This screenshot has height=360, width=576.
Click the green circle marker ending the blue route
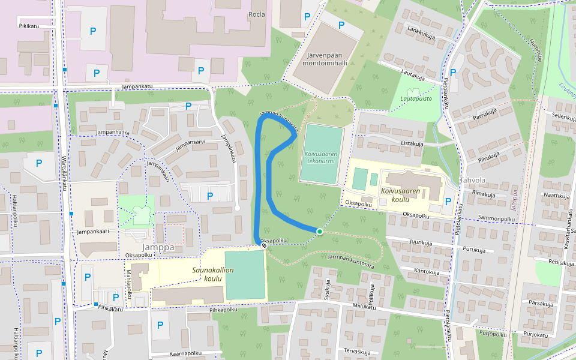(320, 232)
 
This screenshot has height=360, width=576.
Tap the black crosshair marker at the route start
(263, 245)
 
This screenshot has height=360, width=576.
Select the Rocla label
(257, 14)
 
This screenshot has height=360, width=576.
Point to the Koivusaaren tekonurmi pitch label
(321, 158)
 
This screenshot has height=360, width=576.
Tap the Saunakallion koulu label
(212, 274)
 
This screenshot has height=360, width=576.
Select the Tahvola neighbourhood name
(472, 180)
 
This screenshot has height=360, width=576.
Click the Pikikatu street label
(29, 26)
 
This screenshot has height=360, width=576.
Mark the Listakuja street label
(412, 144)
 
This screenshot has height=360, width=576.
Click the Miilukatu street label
(364, 307)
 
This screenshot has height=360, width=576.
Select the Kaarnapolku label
(185, 353)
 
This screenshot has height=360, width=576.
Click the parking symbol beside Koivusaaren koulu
(448, 202)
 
